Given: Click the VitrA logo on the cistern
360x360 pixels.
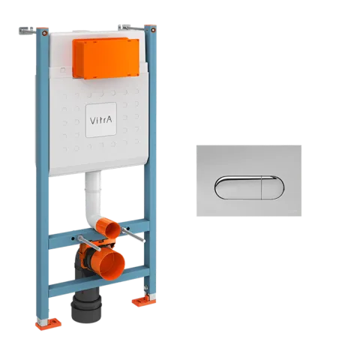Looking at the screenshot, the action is (x=100, y=120).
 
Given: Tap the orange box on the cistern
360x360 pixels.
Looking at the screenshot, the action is (x=106, y=58).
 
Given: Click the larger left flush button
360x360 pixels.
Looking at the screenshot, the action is (x=238, y=187).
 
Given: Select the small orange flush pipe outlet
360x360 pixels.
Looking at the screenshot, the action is (x=111, y=227).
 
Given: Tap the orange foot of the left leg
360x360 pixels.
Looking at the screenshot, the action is (x=48, y=323).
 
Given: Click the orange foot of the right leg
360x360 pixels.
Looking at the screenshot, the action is (x=143, y=301).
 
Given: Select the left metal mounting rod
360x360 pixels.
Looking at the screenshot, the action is (x=89, y=243).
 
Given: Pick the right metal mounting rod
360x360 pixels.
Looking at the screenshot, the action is (x=133, y=235).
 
